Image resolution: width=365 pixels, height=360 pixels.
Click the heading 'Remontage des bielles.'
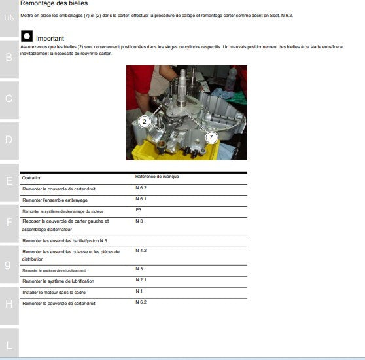click(54, 4)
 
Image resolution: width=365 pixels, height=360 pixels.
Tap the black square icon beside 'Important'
click(27, 38)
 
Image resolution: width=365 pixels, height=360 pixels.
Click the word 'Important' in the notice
click(50, 39)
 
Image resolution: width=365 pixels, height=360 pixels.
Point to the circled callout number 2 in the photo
click(145, 121)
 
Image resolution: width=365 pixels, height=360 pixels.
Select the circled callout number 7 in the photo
click(211, 137)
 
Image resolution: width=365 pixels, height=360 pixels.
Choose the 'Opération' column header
click(31, 178)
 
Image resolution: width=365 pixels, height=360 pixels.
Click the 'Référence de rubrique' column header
click(157, 177)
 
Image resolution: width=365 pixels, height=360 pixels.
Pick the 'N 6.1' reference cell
click(141, 198)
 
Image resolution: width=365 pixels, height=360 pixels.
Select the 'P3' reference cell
click(139, 210)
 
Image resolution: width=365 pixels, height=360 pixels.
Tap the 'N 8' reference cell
click(139, 221)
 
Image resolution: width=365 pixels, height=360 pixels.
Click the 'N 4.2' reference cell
click(141, 251)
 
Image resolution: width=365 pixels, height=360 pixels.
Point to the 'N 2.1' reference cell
click(141, 280)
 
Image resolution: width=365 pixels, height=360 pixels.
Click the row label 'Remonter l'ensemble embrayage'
click(55, 200)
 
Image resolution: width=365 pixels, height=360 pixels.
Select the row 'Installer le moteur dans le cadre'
click(54, 293)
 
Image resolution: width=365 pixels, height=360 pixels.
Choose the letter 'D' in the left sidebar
click(9, 139)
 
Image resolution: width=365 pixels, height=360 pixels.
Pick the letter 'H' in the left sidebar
click(9, 304)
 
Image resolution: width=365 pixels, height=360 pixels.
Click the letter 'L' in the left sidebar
click(9, 344)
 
